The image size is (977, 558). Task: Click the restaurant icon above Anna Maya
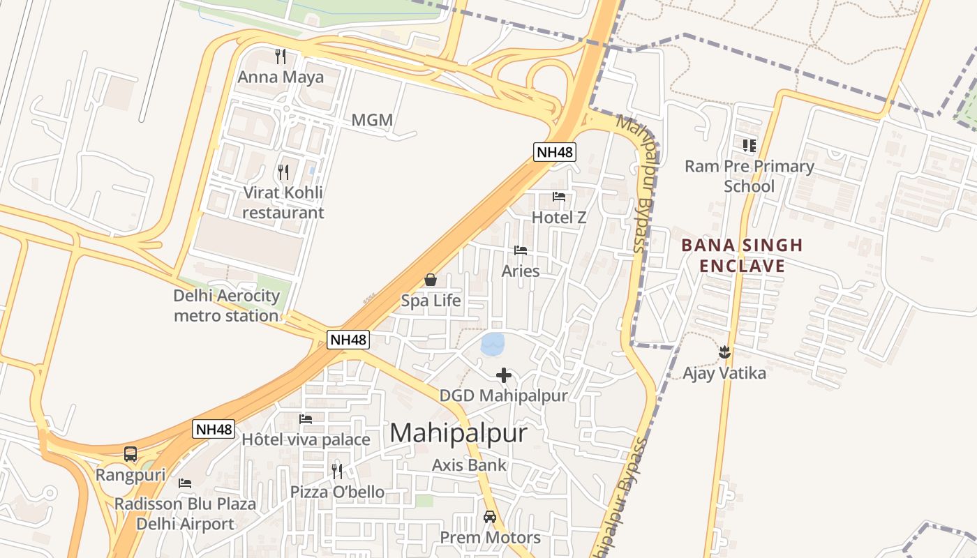[x=281, y=56]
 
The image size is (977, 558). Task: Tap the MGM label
[x=372, y=120]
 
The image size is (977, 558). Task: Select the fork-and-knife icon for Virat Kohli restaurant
[x=283, y=172]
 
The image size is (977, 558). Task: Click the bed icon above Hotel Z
[x=559, y=197]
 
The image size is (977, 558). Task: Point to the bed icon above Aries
[x=521, y=250]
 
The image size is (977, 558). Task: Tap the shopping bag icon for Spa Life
[x=431, y=280]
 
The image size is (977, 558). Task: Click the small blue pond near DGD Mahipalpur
[x=493, y=343]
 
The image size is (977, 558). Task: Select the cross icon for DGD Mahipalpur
[x=503, y=375]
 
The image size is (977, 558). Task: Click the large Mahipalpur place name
[x=458, y=433]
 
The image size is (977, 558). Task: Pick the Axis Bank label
[x=469, y=465]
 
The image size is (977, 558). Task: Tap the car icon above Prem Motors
[x=490, y=517]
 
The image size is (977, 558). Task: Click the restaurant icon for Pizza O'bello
[x=337, y=472]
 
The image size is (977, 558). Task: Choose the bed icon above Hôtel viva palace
[x=306, y=419]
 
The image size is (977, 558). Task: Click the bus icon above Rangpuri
[x=130, y=454]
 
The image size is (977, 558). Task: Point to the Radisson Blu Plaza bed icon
[x=185, y=483]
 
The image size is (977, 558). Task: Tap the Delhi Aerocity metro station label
[x=226, y=306]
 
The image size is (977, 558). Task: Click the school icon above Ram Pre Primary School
[x=749, y=145]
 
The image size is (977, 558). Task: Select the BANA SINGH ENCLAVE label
[x=742, y=255]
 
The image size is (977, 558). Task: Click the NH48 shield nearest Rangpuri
[x=214, y=429]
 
